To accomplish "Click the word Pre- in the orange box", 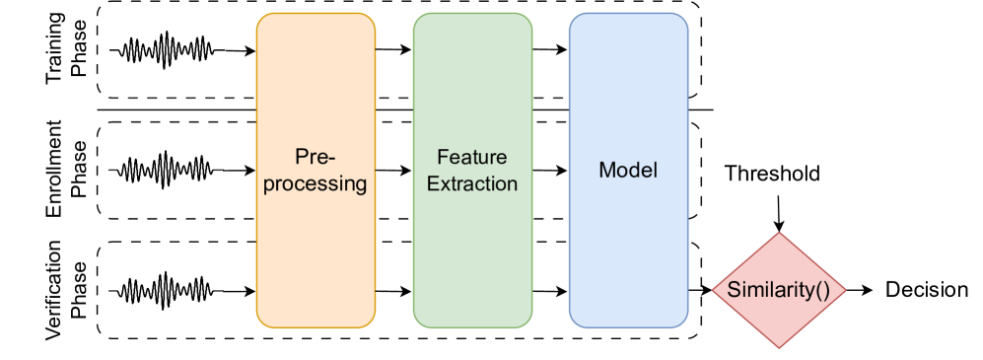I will pos(316,157).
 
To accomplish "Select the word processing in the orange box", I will pos(316,183).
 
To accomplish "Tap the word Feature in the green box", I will pos(471,157).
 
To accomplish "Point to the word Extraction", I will pos(471,183).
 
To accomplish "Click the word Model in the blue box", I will pos(628,170).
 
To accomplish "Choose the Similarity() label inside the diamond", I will pos(780,291).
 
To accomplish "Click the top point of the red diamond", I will pos(780,233).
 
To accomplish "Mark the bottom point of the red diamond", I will pos(780,348).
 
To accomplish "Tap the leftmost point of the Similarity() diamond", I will pos(713,291).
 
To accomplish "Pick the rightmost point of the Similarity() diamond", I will pos(847,291).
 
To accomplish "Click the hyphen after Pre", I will pos(333,158).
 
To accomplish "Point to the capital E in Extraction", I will pos(433,183).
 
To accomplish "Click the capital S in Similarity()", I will pos(733,291).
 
